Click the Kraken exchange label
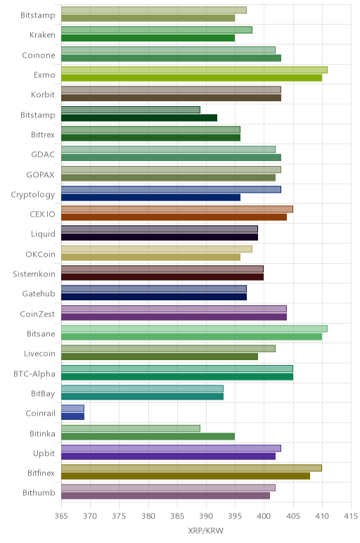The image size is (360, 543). click(x=42, y=35)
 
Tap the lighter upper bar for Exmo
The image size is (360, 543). click(x=194, y=70)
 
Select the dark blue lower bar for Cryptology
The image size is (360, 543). click(x=151, y=198)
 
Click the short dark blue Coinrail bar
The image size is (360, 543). click(x=72, y=416)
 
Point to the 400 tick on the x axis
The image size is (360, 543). click(x=264, y=516)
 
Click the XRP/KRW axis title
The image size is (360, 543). click(x=205, y=530)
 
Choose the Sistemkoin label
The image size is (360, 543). click(x=34, y=274)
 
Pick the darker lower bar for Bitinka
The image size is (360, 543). click(x=148, y=436)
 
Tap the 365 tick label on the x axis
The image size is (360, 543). click(x=61, y=516)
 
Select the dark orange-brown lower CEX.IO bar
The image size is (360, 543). click(x=174, y=217)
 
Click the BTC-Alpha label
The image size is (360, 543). click(x=34, y=373)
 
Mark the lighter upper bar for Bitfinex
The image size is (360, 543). click(x=191, y=468)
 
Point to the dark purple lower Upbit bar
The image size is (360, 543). click(x=168, y=456)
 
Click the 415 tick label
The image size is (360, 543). click(x=351, y=516)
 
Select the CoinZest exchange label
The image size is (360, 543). click(x=37, y=314)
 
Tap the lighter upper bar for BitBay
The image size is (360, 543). click(x=142, y=388)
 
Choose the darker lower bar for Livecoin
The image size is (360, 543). click(x=160, y=357)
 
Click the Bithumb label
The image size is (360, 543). click(x=39, y=492)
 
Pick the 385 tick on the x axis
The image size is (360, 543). click(x=177, y=516)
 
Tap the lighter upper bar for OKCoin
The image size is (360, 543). click(x=157, y=249)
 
